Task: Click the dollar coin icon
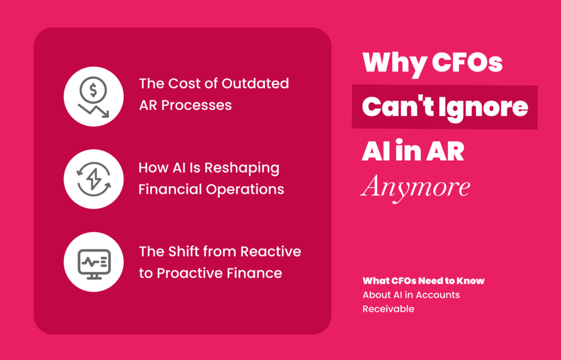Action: [x=93, y=90]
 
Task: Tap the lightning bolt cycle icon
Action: [x=94, y=179]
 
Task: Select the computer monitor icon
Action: [x=94, y=264]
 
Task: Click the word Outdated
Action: [x=255, y=83]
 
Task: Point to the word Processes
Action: [x=197, y=105]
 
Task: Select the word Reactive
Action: [x=271, y=252]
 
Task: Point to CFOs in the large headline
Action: [x=467, y=62]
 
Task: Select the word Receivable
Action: [x=388, y=309]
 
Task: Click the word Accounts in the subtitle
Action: [x=438, y=295]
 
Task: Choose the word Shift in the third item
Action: [x=184, y=252]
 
